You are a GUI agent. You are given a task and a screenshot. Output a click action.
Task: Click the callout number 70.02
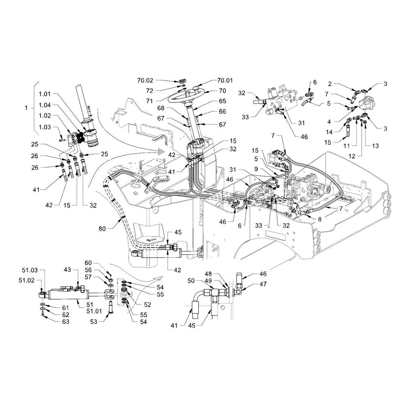pyautogui.click(x=145, y=81)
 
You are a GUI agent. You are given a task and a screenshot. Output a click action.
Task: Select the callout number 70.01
pyautogui.click(x=225, y=81)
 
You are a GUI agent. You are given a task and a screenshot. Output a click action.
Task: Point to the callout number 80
pyautogui.click(x=102, y=228)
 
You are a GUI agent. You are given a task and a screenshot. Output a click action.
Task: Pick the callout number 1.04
pyautogui.click(x=45, y=105)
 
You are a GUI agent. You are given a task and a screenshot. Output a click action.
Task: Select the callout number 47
pyautogui.click(x=263, y=284)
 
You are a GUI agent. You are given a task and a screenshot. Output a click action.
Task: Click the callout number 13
pyautogui.click(x=375, y=146)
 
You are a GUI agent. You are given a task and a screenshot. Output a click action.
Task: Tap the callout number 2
pyautogui.click(x=330, y=84)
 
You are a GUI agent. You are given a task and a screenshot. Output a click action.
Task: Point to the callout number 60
pyautogui.click(x=88, y=263)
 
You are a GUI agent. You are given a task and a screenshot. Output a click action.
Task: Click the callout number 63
pyautogui.click(x=66, y=322)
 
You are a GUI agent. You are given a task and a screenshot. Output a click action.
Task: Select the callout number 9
pyautogui.click(x=256, y=169)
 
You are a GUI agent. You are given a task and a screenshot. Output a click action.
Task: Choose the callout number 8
pyautogui.click(x=320, y=219)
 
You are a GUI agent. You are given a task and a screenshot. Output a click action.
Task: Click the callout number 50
pyautogui.click(x=191, y=281)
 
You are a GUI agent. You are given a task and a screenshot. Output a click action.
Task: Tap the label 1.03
pyautogui.click(x=45, y=127)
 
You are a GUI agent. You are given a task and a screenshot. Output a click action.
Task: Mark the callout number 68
pyautogui.click(x=161, y=108)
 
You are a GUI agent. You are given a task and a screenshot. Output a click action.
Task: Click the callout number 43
pyautogui.click(x=67, y=269)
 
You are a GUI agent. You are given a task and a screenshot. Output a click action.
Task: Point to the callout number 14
pyautogui.click(x=329, y=132)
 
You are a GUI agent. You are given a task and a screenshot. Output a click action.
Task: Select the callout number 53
pyautogui.click(x=94, y=322)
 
